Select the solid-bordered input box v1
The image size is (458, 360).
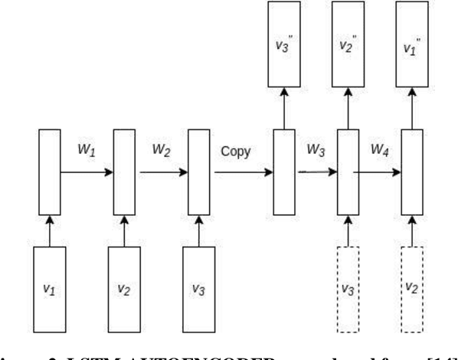pyautogui.click(x=49, y=288)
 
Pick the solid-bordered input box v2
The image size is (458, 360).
pyautogui.click(x=124, y=288)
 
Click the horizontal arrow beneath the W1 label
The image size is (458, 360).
pyautogui.click(x=86, y=172)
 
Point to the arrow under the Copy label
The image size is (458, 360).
pyautogui.click(x=241, y=172)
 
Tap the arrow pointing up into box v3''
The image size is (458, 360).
pyautogui.click(x=284, y=107)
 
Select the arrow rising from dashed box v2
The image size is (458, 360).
pyautogui.click(x=414, y=230)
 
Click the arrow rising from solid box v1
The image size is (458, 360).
pyautogui.click(x=49, y=230)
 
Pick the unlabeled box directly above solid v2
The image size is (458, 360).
pyautogui.click(x=124, y=172)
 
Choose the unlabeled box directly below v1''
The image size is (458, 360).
pyautogui.click(x=414, y=172)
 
